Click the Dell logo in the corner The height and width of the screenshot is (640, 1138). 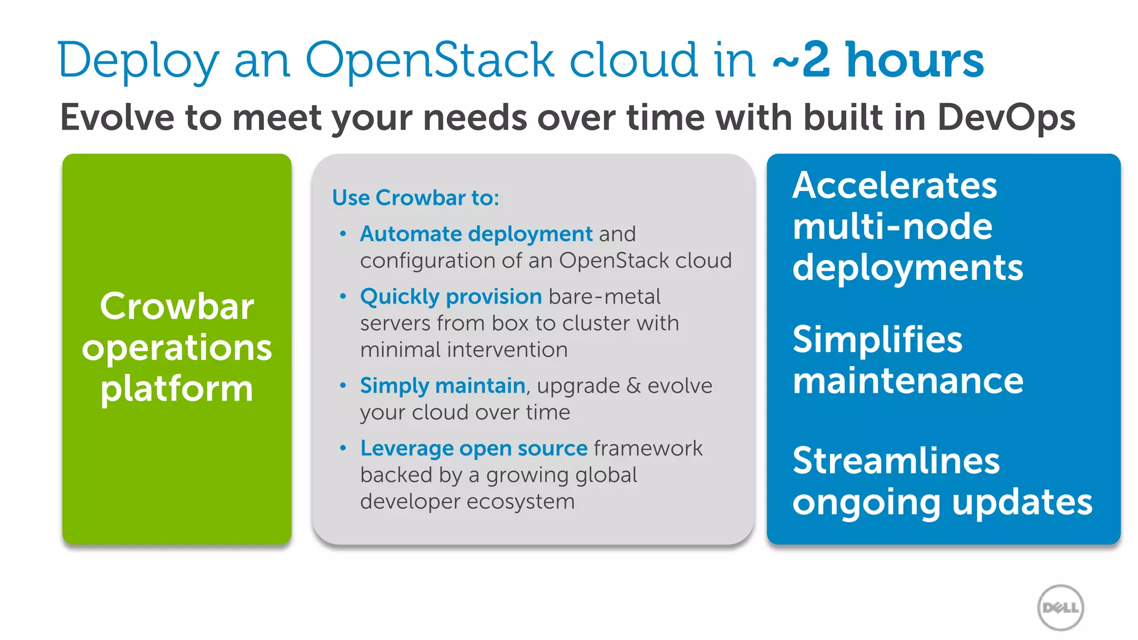[x=1060, y=607]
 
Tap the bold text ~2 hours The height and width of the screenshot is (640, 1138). [x=878, y=60]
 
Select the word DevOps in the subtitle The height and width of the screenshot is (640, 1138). [x=1006, y=118]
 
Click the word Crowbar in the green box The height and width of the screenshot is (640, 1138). [x=177, y=306]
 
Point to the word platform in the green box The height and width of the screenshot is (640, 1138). [x=177, y=388]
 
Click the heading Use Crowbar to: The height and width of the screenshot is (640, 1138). [x=416, y=198]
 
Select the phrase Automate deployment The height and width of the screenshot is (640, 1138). [x=476, y=234]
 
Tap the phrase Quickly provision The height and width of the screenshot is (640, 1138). [x=451, y=297]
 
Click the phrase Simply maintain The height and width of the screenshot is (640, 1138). [x=442, y=386]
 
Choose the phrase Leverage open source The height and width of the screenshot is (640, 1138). [x=473, y=448]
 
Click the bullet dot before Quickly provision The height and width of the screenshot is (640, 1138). [x=343, y=296]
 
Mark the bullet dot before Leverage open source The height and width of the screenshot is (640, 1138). [x=343, y=448]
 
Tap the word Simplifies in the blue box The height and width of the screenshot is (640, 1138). [x=877, y=339]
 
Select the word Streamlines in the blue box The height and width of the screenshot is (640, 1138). [x=896, y=461]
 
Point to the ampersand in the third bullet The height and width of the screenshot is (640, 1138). [x=633, y=386]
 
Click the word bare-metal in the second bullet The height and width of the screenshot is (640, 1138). [x=605, y=297]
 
